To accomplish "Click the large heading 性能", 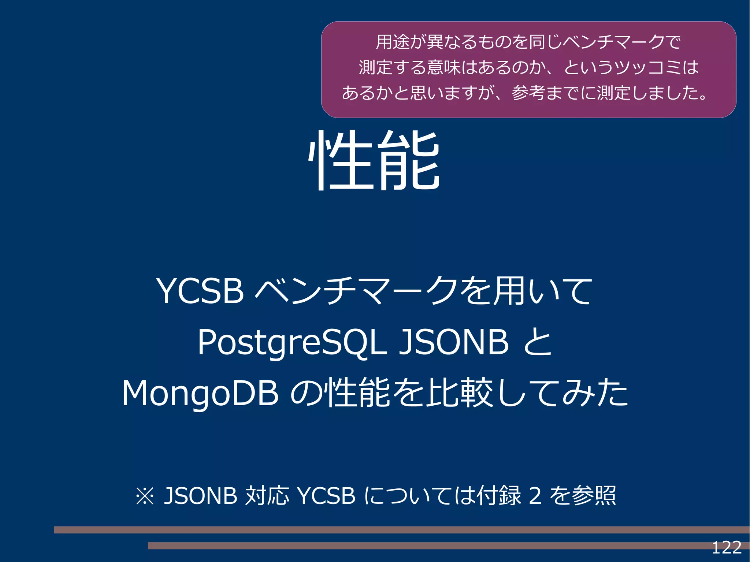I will point(374,161).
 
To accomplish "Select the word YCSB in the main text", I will point(200,291).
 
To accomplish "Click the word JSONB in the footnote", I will point(200,496).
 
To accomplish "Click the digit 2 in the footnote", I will point(535,496).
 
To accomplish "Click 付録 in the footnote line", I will point(499,496).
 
